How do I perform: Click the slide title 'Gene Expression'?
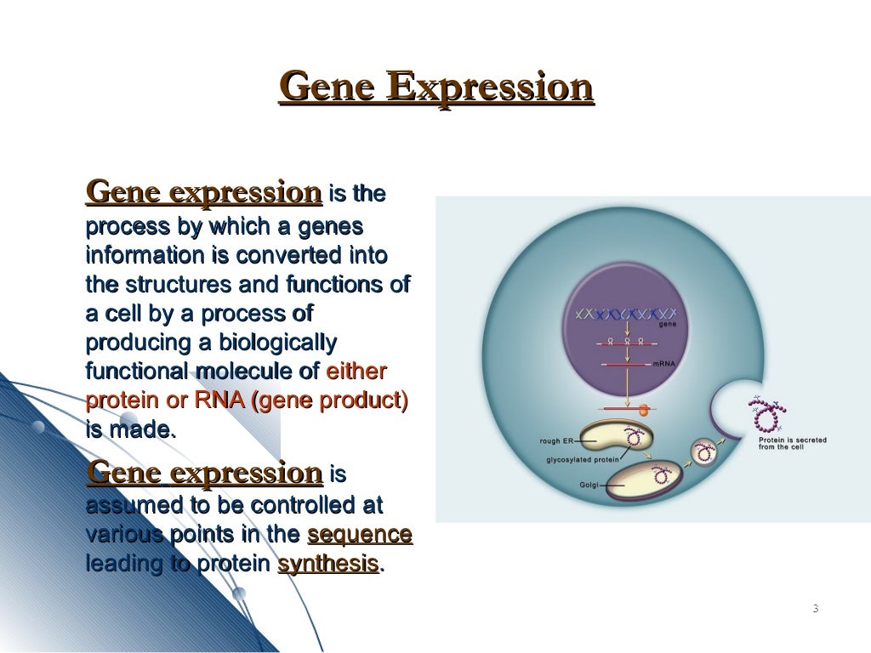(435, 88)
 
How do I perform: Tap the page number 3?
(815, 608)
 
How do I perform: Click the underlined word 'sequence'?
(359, 536)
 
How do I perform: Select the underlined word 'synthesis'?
(327, 564)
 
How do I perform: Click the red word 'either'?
(356, 372)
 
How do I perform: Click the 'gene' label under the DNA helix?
(668, 325)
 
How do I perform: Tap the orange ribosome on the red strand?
(644, 409)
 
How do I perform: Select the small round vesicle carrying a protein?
(703, 450)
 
